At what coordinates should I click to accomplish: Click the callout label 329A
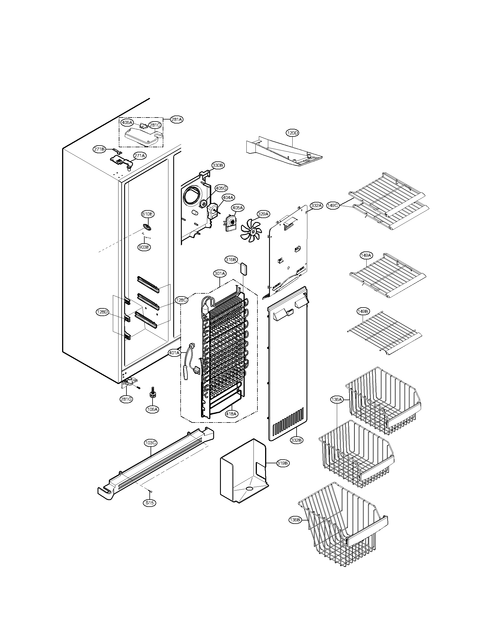tap(263, 214)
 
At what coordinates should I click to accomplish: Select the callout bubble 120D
tap(292, 133)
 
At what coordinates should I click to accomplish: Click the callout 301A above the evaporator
tap(220, 274)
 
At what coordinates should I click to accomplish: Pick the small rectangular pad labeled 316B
tap(244, 268)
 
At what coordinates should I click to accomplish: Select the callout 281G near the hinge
tap(126, 399)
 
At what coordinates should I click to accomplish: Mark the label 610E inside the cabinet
tap(148, 214)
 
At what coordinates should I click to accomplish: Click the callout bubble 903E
tap(144, 247)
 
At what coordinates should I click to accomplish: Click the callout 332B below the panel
tap(296, 440)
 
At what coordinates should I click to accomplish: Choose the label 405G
tap(221, 188)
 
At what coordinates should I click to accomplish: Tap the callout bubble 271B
tap(99, 149)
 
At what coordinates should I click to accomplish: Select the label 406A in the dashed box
tap(127, 123)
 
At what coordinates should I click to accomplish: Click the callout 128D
tap(102, 312)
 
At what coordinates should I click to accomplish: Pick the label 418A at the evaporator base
tap(232, 414)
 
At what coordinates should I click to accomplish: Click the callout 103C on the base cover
tap(150, 443)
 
